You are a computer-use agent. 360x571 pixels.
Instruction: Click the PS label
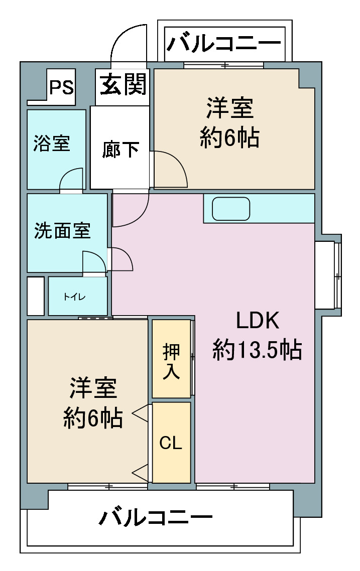[x=61, y=87]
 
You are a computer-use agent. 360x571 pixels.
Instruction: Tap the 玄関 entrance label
[x=123, y=84]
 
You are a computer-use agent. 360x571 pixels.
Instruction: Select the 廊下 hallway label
[x=120, y=149]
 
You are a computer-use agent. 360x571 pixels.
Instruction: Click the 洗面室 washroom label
[x=62, y=230]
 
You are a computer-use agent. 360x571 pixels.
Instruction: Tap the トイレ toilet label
[x=74, y=297]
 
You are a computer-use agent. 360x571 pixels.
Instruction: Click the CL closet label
[x=171, y=443]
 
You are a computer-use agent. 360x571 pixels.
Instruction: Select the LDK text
[x=258, y=321]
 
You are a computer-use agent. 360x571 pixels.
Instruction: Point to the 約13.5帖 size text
[x=257, y=349]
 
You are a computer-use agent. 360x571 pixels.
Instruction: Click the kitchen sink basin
[x=231, y=209]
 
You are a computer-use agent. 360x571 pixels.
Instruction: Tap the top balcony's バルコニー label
[x=224, y=43]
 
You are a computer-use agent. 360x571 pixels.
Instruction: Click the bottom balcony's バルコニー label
[x=156, y=517]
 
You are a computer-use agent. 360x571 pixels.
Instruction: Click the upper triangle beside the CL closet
[x=140, y=413]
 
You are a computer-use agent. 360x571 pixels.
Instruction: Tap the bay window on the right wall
[x=328, y=275]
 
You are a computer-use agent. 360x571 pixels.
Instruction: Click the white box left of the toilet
[x=36, y=296]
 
